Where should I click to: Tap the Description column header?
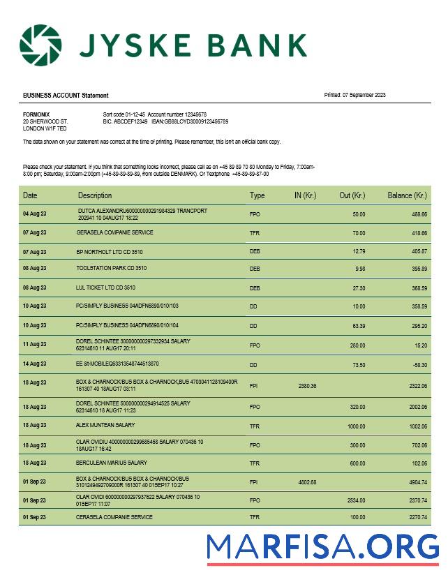(x=95, y=195)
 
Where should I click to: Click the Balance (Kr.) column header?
(x=407, y=195)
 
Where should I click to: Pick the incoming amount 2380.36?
(x=307, y=386)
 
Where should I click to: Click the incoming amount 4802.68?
(x=307, y=482)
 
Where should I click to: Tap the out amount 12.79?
(x=359, y=251)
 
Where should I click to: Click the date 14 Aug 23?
(x=34, y=365)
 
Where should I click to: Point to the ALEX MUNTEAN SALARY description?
(x=105, y=425)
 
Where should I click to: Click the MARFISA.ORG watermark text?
(x=322, y=547)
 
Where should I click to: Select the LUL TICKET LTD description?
(x=106, y=287)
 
